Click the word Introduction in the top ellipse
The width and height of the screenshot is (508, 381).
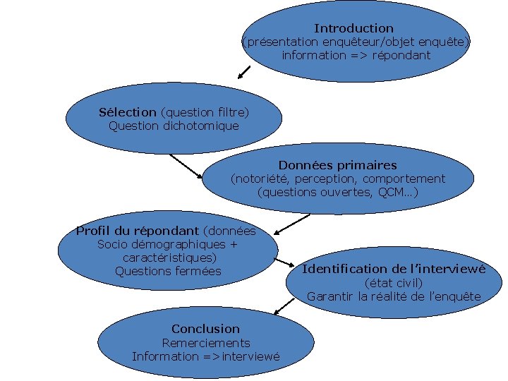[353, 28]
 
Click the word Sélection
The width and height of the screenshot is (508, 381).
[127, 112]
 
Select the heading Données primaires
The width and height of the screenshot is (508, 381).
[337, 165]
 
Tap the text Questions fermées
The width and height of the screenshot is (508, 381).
[168, 271]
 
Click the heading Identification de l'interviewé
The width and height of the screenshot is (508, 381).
[394, 269]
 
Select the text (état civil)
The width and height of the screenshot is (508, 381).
[394, 283]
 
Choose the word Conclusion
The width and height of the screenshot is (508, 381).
[205, 329]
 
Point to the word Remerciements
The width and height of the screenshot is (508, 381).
[206, 343]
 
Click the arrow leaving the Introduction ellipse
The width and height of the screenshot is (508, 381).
[244, 71]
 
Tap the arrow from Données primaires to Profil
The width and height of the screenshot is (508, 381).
[291, 224]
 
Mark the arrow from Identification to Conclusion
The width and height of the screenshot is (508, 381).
[284, 304]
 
